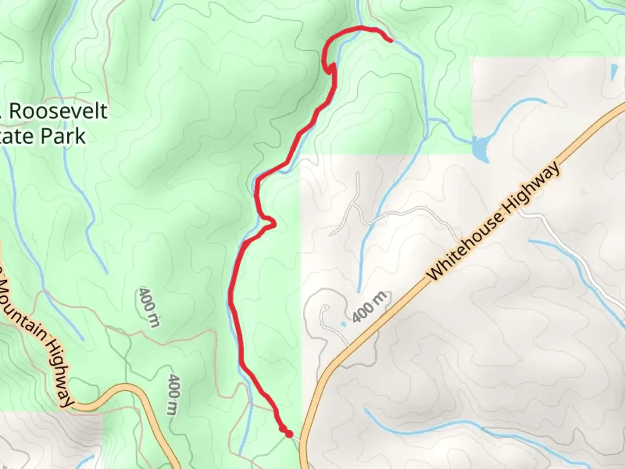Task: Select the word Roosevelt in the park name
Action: click(58, 112)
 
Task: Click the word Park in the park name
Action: click(64, 136)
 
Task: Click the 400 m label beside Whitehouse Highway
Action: click(368, 307)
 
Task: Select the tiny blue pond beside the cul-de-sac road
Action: click(344, 324)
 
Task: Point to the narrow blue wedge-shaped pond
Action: click(614, 72)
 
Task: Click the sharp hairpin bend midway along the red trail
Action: click(272, 223)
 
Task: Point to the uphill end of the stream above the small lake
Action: click(545, 102)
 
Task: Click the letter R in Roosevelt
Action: click(16, 112)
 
